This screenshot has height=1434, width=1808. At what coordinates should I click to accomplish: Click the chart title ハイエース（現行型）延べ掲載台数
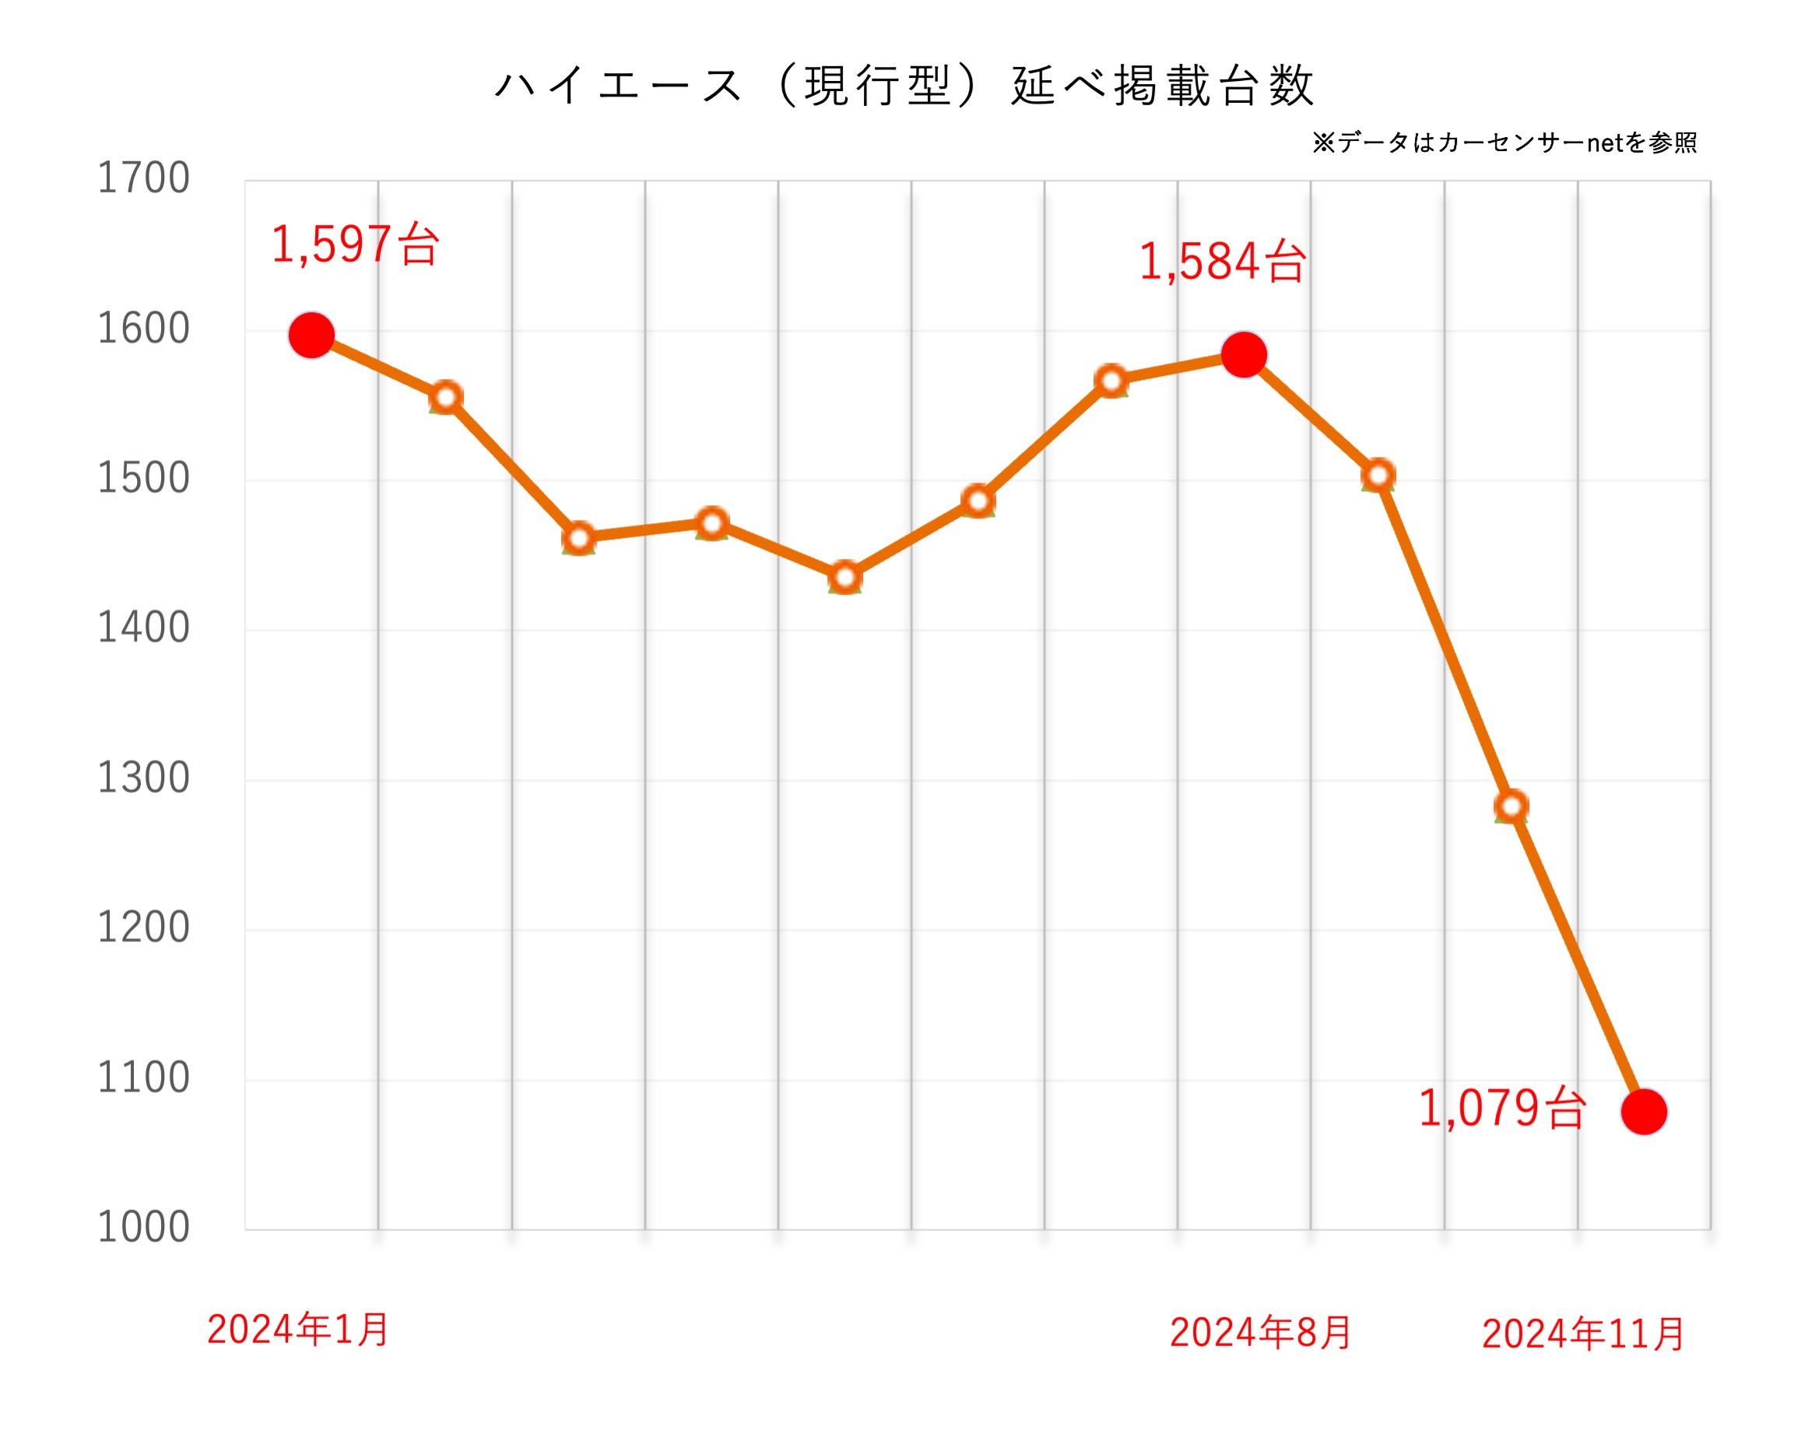(904, 86)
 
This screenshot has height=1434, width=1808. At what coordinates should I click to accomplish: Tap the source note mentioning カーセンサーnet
(1504, 142)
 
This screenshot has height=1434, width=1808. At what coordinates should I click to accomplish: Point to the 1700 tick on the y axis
(143, 177)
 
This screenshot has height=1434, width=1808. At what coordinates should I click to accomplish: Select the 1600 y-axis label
(143, 328)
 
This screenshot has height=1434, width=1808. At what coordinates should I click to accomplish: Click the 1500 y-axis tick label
(143, 478)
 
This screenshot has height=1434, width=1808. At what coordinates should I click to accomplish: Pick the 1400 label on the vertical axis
(143, 628)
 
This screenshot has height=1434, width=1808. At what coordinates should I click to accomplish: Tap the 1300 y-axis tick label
(143, 778)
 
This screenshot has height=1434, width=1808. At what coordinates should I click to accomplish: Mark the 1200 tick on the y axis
(143, 927)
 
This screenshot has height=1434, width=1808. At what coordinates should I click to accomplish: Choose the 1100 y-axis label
(143, 1077)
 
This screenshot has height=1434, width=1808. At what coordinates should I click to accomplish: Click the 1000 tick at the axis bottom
(143, 1228)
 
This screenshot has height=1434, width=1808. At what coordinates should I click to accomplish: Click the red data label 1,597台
(355, 245)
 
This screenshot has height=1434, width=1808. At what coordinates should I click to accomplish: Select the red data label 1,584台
(1222, 262)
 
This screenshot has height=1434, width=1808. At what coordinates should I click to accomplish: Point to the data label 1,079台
(1502, 1109)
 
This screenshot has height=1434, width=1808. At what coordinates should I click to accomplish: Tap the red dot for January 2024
(312, 336)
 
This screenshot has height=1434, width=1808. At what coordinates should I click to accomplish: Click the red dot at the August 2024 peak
(1244, 355)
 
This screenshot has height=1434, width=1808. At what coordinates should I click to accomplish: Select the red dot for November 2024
(1644, 1112)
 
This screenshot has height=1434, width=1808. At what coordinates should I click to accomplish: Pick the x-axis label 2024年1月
(297, 1330)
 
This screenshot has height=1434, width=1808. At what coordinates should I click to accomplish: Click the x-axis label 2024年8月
(1260, 1334)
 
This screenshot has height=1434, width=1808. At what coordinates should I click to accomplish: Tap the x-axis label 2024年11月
(1583, 1334)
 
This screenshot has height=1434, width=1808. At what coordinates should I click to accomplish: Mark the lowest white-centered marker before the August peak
(845, 578)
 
